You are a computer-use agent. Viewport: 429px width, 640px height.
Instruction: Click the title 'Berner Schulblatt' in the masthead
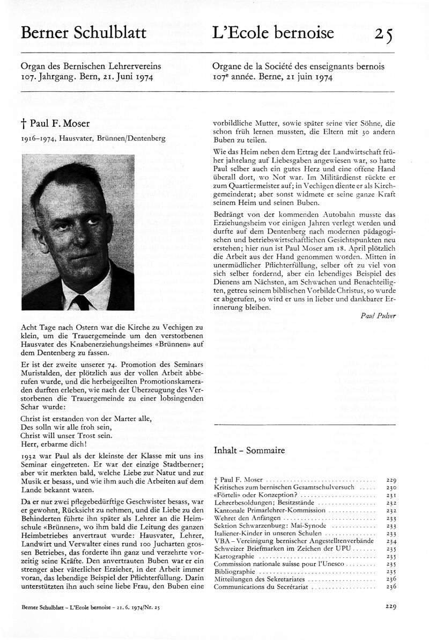point(83,33)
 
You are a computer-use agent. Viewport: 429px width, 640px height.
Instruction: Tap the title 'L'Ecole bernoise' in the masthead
point(273,33)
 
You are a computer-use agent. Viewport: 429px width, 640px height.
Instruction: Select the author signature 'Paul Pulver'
point(379,316)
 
